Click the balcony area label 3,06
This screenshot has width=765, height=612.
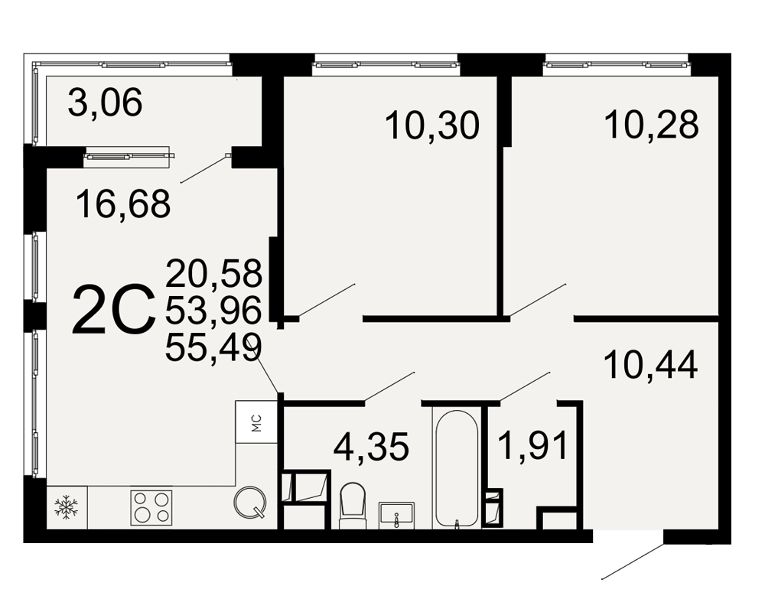(x=105, y=102)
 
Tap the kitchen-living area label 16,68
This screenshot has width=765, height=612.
(x=123, y=204)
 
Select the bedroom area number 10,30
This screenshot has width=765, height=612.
(x=432, y=125)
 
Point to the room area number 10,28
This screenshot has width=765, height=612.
(x=651, y=124)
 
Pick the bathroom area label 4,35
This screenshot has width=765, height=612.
(x=371, y=447)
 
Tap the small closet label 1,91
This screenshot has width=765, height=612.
(x=534, y=445)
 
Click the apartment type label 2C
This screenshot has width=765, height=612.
(x=113, y=311)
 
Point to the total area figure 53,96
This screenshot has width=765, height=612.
(x=213, y=311)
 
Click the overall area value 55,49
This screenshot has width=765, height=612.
(x=213, y=347)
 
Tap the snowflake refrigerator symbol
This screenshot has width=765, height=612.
(x=64, y=506)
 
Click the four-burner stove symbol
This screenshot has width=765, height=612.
(x=151, y=507)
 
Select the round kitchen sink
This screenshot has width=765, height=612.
(x=251, y=501)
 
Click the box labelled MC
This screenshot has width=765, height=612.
(x=256, y=422)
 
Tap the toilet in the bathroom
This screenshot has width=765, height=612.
(x=353, y=506)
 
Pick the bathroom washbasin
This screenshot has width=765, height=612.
(x=396, y=516)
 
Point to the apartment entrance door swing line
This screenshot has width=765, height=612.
(x=633, y=561)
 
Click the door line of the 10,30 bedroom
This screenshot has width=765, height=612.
(x=327, y=301)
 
